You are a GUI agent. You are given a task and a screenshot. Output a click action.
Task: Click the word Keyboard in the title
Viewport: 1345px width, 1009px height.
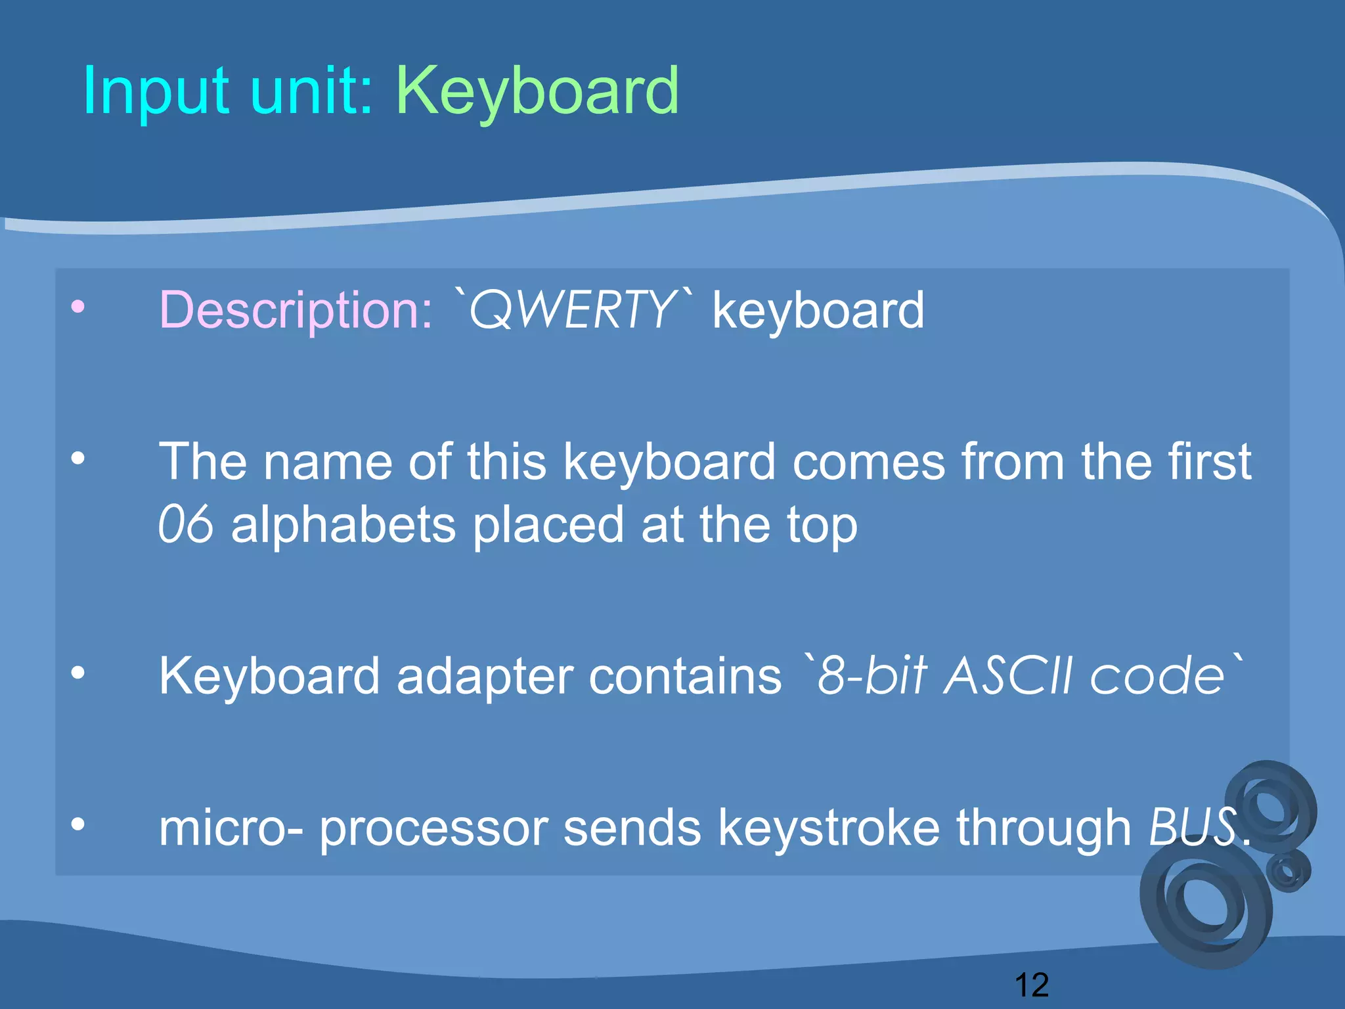(537, 92)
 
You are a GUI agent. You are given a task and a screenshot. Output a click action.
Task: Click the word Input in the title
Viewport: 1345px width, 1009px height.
(156, 92)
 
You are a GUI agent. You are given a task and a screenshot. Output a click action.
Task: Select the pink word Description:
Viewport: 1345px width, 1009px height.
(296, 310)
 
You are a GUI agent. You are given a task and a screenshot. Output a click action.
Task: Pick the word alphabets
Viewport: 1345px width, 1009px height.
(343, 526)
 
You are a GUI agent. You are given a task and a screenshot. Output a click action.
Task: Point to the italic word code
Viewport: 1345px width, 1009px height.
(1156, 677)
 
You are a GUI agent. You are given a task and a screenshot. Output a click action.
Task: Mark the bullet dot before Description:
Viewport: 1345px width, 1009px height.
(78, 307)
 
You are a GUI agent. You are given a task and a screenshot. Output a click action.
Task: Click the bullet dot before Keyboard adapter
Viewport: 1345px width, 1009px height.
(78, 673)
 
